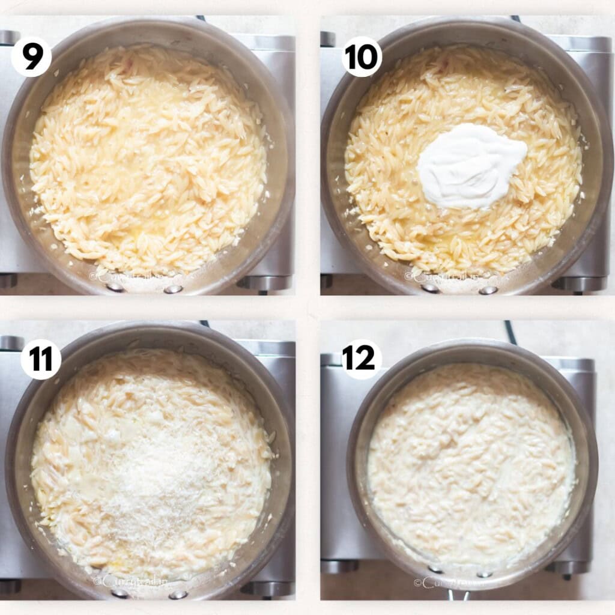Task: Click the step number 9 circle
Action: pyautogui.click(x=31, y=57)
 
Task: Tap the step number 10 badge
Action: pyautogui.click(x=362, y=57)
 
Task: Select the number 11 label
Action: pyautogui.click(x=41, y=359)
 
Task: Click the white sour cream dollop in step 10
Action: pyautogui.click(x=471, y=165)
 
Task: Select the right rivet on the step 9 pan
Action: pyautogui.click(x=173, y=289)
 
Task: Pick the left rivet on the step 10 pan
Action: pyautogui.click(x=430, y=288)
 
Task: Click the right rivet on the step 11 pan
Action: pyautogui.click(x=178, y=595)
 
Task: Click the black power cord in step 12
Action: pyautogui.click(x=510, y=332)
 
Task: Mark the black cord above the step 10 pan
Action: pyautogui.click(x=515, y=19)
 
